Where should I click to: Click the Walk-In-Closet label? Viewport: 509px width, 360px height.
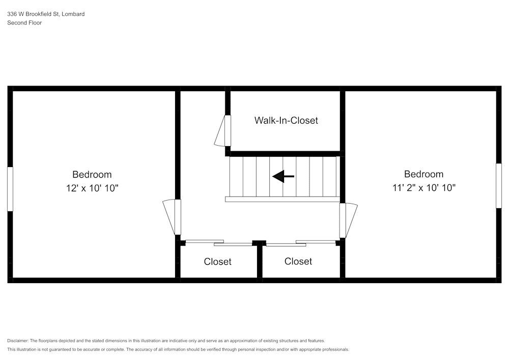(x=286, y=121)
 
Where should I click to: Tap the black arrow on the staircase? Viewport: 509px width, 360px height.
(x=283, y=177)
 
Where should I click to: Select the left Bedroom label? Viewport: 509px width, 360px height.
(x=92, y=174)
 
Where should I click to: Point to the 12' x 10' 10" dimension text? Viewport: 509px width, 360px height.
(x=92, y=188)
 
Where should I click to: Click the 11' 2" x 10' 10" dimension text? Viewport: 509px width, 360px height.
(x=424, y=187)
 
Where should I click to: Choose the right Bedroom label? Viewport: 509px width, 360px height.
(x=423, y=174)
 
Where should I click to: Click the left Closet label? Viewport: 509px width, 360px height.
(x=217, y=262)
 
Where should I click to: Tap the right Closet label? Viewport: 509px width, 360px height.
(x=298, y=261)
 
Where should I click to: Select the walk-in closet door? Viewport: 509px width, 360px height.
(x=223, y=130)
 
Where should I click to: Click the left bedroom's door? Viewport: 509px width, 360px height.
(x=173, y=217)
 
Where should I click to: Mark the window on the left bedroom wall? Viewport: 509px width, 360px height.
(x=10, y=189)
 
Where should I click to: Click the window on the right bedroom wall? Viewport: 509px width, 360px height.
(x=499, y=186)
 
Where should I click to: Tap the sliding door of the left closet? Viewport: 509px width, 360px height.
(x=219, y=243)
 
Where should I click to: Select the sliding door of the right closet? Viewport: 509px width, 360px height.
(x=301, y=243)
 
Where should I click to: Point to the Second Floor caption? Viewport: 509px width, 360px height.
(x=24, y=23)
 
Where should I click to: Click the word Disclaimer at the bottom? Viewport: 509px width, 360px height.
(x=17, y=341)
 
